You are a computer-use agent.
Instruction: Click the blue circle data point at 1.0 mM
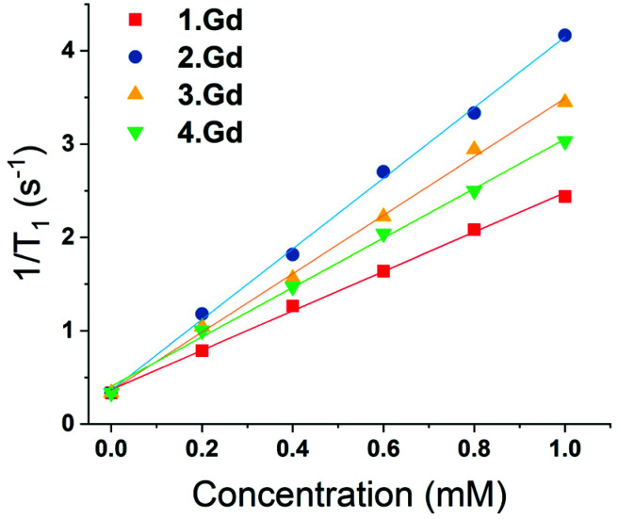(x=565, y=35)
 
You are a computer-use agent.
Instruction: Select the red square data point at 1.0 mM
(x=565, y=196)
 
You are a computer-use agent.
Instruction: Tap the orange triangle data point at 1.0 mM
(x=565, y=100)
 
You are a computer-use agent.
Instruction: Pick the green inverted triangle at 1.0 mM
(x=565, y=142)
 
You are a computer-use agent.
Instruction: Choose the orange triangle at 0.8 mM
(x=474, y=148)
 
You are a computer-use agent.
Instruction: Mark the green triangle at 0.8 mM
(x=474, y=192)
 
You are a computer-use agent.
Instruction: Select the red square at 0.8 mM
(x=474, y=229)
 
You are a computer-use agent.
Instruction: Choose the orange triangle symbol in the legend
(x=136, y=94)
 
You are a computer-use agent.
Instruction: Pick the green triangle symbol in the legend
(x=136, y=134)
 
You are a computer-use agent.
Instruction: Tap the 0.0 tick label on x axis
(x=110, y=447)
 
